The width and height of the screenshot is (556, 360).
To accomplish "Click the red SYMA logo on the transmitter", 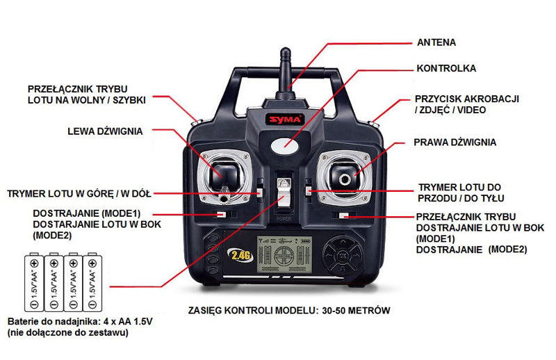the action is (x=285, y=119).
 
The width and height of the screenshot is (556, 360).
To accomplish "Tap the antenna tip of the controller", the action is (x=285, y=49).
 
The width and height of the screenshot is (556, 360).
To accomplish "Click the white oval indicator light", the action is (x=285, y=145).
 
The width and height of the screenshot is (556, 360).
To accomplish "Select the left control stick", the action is (x=224, y=175).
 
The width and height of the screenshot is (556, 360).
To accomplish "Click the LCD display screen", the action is (x=284, y=254).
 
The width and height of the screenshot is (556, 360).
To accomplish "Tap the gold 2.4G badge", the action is (x=240, y=255).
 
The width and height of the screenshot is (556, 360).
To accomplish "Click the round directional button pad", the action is (x=343, y=255).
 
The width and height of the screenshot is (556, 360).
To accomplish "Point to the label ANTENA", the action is (x=436, y=42).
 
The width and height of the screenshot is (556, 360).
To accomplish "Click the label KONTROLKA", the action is (x=446, y=68).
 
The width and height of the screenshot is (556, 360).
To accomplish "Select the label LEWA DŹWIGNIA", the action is (x=105, y=131).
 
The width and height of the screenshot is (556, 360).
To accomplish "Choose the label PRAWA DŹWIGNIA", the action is (x=455, y=142).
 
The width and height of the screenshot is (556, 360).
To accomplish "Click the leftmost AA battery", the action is (x=34, y=282).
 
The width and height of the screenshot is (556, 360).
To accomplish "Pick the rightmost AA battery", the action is (x=92, y=282).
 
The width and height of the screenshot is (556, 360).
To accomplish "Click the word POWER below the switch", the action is (x=284, y=219).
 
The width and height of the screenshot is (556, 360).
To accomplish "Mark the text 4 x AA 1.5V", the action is (x=128, y=322).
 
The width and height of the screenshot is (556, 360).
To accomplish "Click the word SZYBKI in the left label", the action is (x=129, y=100).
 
